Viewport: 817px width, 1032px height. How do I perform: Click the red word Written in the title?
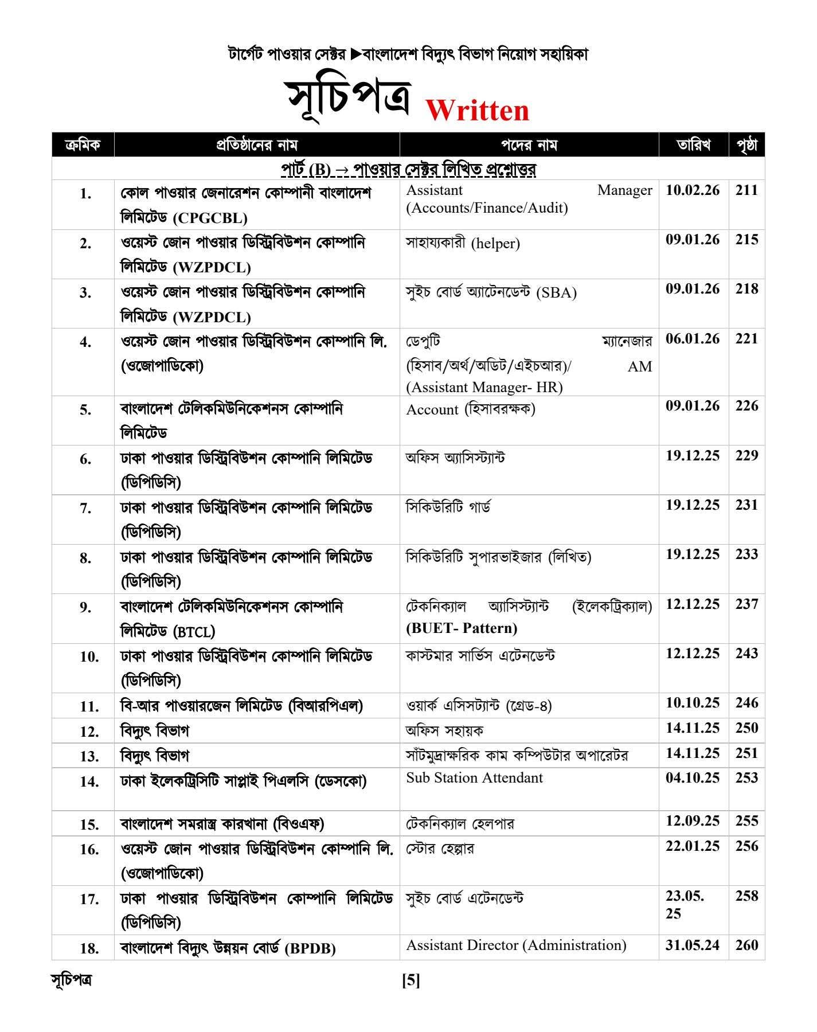(x=477, y=110)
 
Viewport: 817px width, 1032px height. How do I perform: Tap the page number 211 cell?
(x=746, y=190)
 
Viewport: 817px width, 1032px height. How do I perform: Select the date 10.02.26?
(x=693, y=190)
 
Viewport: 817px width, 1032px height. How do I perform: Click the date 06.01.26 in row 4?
(x=693, y=339)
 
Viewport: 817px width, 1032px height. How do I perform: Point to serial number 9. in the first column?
(x=85, y=607)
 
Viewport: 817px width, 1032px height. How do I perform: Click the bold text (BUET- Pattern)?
(x=462, y=628)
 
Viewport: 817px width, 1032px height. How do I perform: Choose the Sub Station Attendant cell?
(x=474, y=778)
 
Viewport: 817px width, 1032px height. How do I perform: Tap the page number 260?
(x=746, y=945)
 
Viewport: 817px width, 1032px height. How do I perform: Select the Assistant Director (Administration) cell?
(x=516, y=945)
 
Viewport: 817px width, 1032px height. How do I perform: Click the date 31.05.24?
(x=693, y=945)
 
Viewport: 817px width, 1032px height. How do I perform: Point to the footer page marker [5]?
(x=411, y=981)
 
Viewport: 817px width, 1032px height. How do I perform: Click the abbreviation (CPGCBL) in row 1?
(x=212, y=218)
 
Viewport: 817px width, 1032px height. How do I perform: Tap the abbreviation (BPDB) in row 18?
(x=310, y=948)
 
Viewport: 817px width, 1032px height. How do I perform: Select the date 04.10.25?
(x=693, y=778)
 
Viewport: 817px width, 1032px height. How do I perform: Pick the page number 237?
(x=746, y=604)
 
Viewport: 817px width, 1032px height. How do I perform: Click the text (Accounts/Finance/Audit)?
(x=487, y=208)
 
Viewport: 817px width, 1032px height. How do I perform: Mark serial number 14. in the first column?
(x=89, y=781)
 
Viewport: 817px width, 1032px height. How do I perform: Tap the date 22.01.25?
(x=693, y=846)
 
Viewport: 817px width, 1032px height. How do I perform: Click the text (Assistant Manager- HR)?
(x=484, y=388)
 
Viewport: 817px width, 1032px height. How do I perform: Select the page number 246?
(x=746, y=703)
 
